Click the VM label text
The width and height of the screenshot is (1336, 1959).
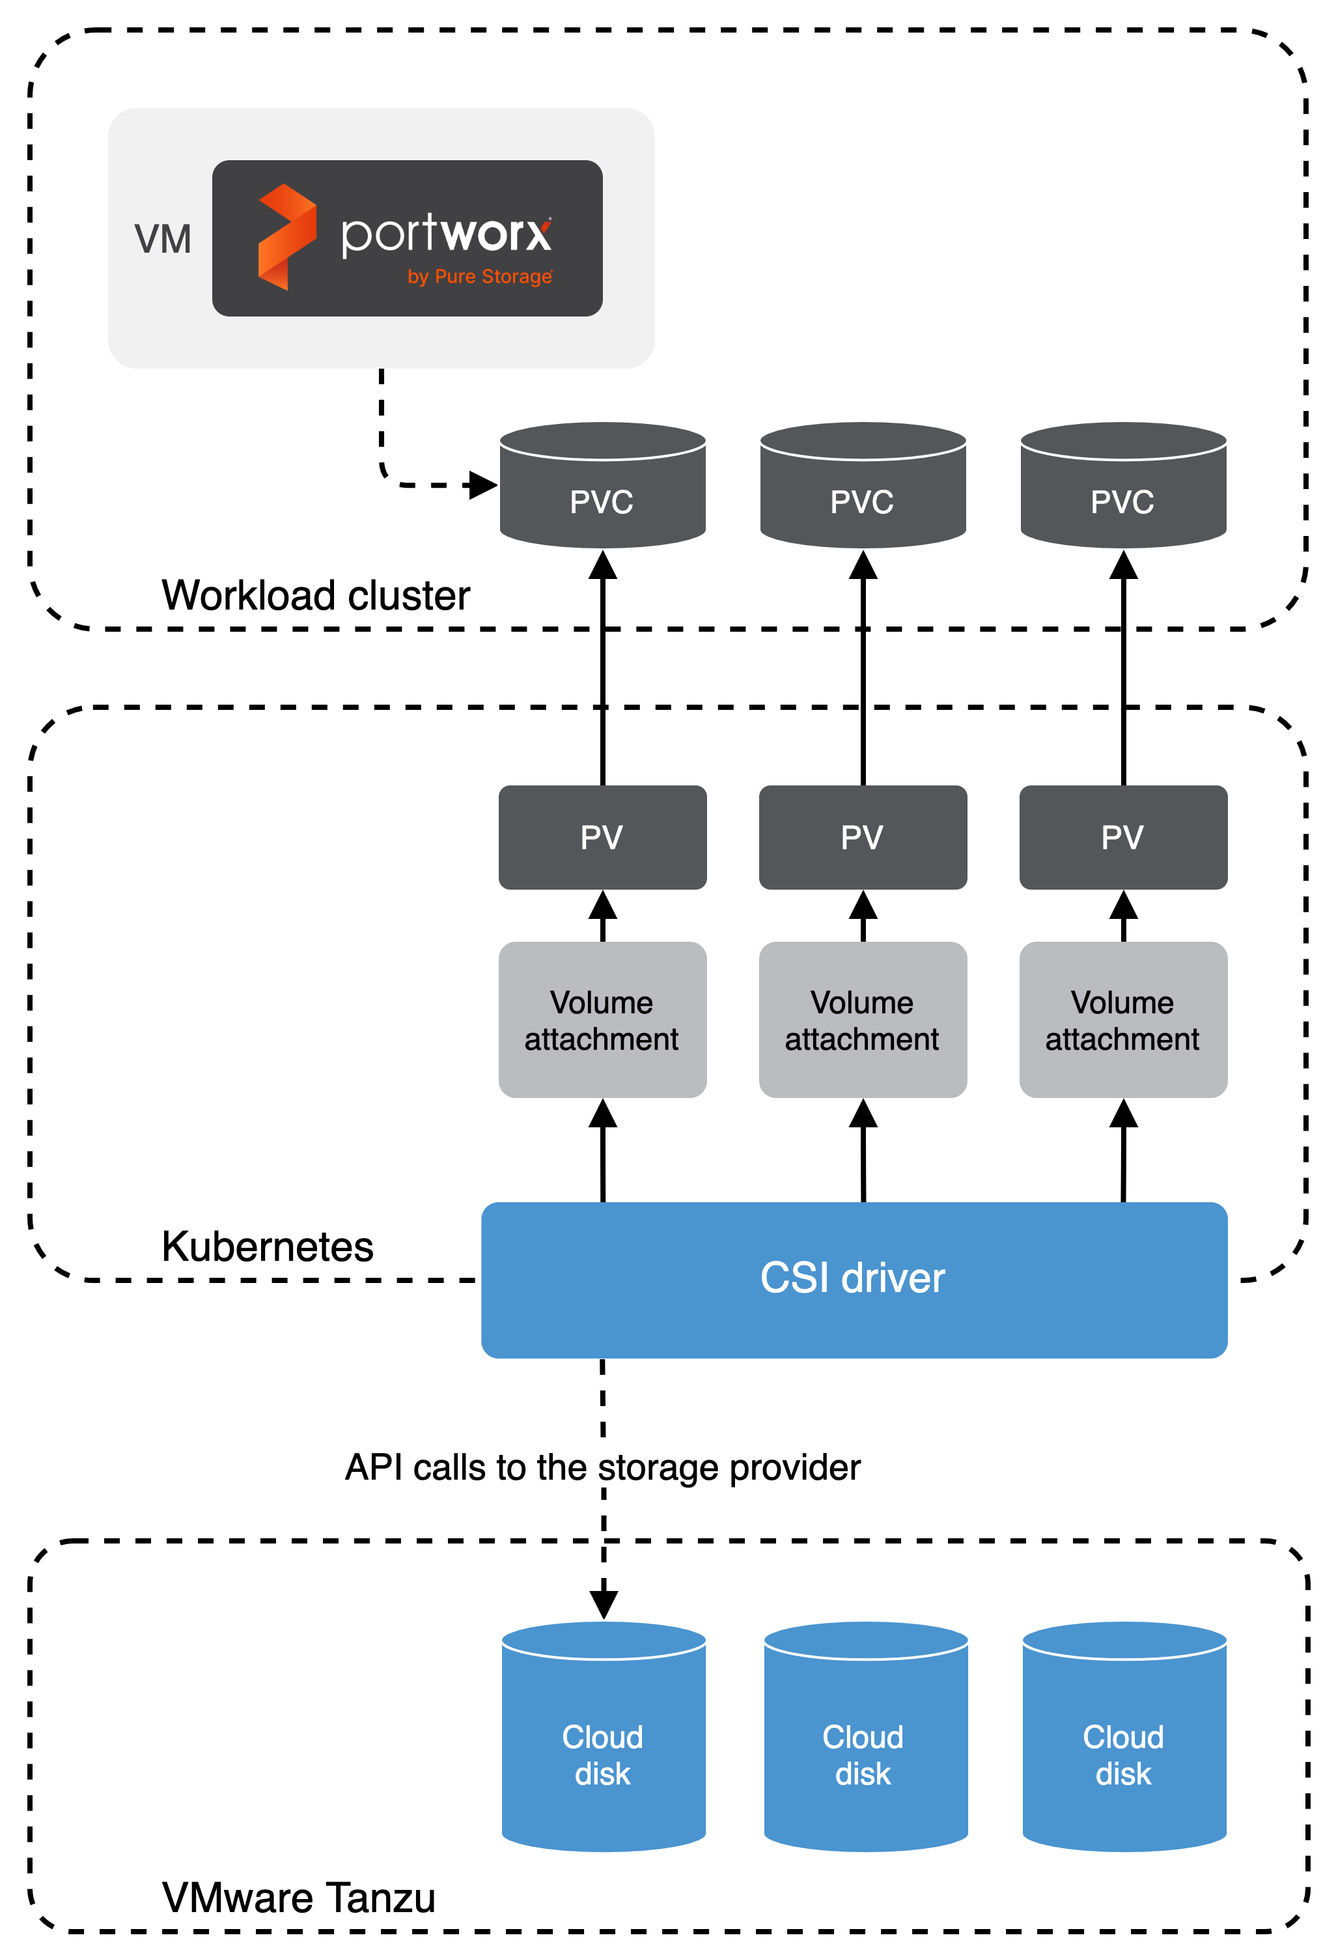163,240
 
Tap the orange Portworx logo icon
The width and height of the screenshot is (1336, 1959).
286,237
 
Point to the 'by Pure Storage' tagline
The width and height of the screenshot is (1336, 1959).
480,277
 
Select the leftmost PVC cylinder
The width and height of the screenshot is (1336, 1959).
602,486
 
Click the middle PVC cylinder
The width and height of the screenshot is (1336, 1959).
862,486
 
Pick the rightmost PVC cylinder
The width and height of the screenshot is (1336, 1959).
1122,486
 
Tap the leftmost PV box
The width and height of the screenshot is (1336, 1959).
602,837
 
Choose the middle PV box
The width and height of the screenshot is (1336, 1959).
862,837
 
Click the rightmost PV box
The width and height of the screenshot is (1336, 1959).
1122,837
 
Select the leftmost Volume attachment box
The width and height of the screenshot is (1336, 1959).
602,1020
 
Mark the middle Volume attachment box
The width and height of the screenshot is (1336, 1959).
862,1020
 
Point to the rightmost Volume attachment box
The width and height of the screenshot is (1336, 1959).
1122,1020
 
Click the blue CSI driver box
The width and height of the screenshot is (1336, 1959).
853,1280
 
